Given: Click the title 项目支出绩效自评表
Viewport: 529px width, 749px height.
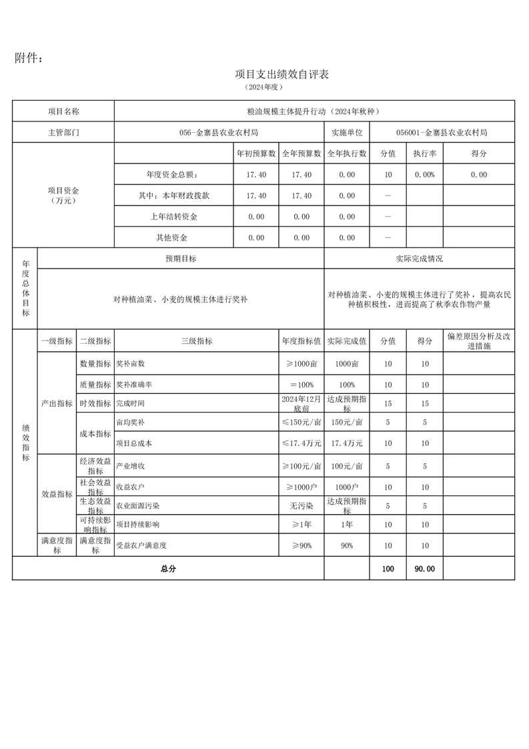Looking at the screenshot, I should tap(282, 74).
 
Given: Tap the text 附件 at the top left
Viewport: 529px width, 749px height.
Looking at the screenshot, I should tap(29, 59).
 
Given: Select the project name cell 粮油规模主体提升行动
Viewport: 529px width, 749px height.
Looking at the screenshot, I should tap(314, 111).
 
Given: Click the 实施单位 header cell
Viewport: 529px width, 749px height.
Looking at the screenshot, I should tap(347, 132).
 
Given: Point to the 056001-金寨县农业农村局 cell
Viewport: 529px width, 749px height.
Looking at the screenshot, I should tap(441, 132).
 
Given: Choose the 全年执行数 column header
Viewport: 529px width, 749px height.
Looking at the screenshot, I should tap(347, 154).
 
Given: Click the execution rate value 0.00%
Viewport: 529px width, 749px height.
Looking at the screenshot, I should tap(424, 175).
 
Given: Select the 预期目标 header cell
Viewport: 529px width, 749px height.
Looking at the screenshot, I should tap(181, 258).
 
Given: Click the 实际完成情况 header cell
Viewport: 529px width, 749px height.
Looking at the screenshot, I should tap(419, 258).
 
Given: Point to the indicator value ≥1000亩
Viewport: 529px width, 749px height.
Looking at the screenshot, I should tap(302, 364).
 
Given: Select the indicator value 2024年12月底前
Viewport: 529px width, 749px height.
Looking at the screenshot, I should tap(302, 403).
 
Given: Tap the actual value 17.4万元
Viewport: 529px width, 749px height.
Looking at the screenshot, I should tap(347, 443).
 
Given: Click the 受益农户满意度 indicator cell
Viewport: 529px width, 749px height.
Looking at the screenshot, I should tap(141, 545).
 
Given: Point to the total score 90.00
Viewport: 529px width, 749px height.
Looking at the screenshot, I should tap(424, 569).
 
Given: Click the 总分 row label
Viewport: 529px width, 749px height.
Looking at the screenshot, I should tap(168, 569).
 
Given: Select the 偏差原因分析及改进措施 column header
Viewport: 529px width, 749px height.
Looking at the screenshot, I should tap(478, 341).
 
